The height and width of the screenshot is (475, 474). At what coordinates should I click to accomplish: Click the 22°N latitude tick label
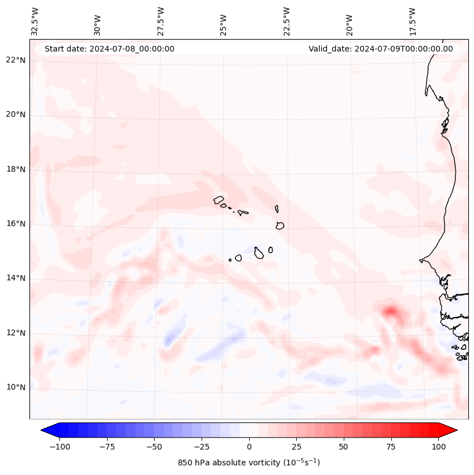(x=16, y=61)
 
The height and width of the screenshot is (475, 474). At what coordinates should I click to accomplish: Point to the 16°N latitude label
(x=16, y=224)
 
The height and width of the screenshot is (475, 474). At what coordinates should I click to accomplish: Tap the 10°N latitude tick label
(x=16, y=388)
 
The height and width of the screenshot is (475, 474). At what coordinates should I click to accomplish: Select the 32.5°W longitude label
(x=35, y=22)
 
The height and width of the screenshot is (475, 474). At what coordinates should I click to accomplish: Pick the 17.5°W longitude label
(x=413, y=22)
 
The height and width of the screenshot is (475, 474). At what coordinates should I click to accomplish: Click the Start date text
(x=109, y=49)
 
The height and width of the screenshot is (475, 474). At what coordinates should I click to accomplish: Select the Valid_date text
(x=381, y=49)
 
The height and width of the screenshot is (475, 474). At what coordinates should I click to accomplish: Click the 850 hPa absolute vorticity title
(x=249, y=463)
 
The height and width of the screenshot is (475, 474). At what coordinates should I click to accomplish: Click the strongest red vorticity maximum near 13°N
(x=390, y=310)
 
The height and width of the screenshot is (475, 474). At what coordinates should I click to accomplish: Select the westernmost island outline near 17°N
(x=219, y=200)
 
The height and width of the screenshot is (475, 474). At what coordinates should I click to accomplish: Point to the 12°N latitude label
(x=16, y=333)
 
